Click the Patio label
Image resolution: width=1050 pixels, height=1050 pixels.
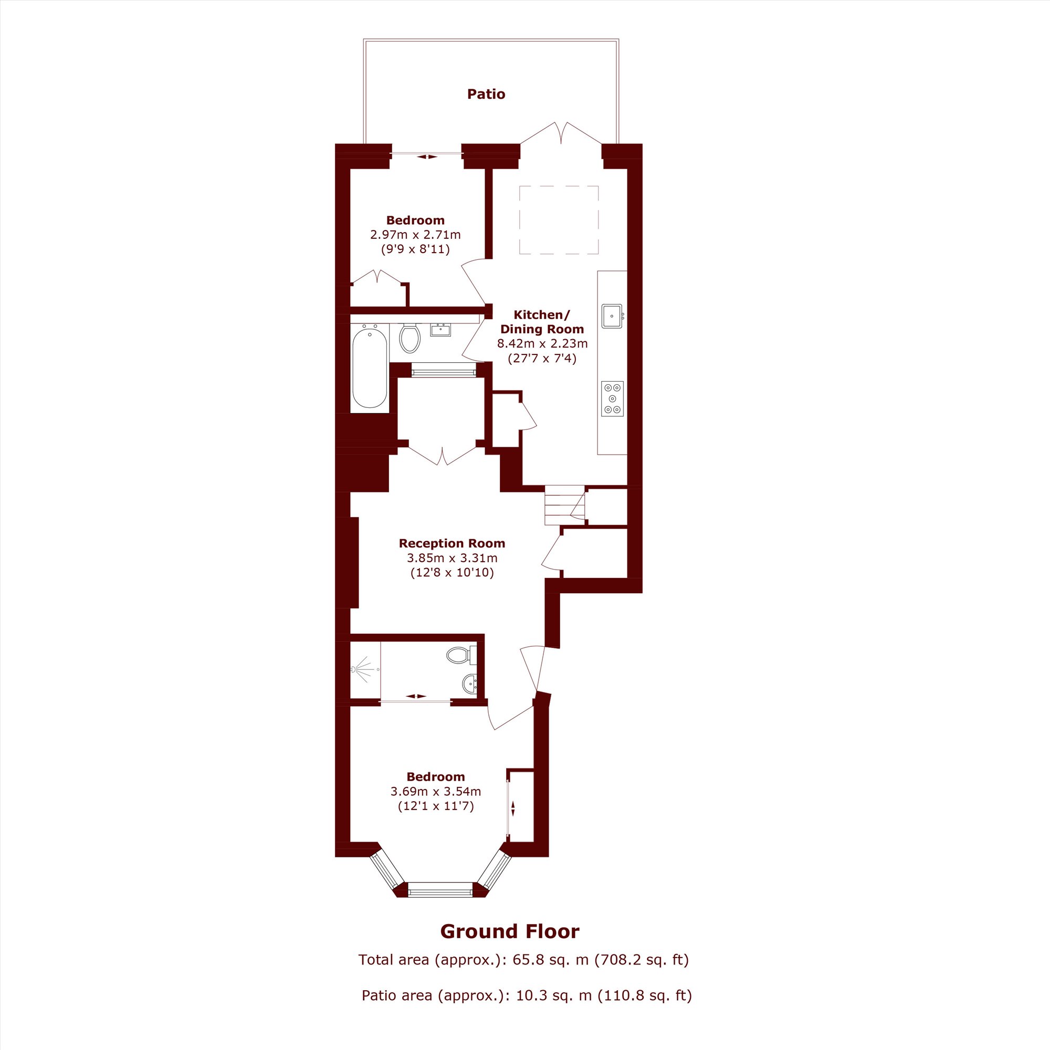486,94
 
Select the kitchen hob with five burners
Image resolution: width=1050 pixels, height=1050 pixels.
613,399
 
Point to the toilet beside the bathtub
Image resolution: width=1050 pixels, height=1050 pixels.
410,337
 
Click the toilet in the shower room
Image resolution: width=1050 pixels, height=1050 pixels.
461,654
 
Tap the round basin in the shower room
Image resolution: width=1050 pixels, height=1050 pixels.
469,682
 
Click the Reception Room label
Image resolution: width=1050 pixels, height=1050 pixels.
451,543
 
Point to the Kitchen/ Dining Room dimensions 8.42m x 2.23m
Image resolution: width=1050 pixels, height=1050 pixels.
542,343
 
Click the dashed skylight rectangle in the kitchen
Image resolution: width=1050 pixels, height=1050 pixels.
559,220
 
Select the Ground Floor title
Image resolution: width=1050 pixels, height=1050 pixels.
510,931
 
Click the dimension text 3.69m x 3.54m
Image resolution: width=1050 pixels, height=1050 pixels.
435,791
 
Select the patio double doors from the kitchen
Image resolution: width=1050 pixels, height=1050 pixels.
561,133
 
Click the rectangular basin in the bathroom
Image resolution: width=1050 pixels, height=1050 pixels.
440,329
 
